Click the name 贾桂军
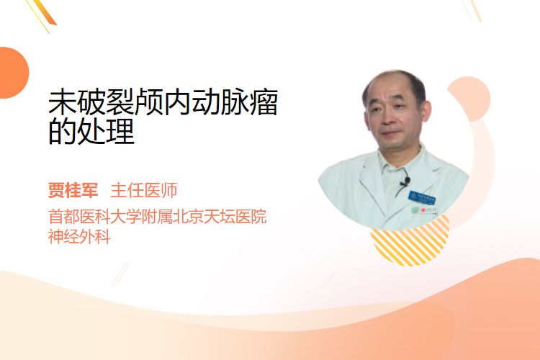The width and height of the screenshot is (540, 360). [x=73, y=190]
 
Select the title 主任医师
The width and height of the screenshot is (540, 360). [x=144, y=190]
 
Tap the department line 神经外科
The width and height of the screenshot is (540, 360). [x=79, y=237]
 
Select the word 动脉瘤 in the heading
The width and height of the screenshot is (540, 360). [x=235, y=102]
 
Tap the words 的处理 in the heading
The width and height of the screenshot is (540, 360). [x=91, y=131]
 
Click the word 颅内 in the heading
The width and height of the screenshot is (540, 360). [x=163, y=102]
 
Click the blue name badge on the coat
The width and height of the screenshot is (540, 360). [x=422, y=197]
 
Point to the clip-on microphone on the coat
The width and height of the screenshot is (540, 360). [x=405, y=181]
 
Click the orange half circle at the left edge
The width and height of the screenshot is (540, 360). [x=14, y=73]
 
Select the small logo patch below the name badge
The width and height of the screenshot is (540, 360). [x=424, y=210]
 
